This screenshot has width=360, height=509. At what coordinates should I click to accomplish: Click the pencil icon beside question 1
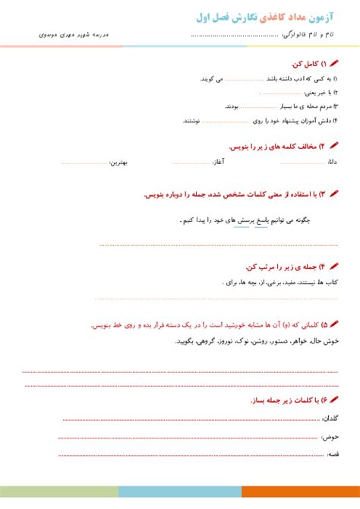335,65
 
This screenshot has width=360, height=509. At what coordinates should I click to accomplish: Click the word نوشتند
191,120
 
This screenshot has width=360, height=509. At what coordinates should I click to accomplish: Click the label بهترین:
119,162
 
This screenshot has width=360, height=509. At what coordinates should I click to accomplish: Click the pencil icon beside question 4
335,266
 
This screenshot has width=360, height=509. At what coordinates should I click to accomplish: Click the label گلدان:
331,419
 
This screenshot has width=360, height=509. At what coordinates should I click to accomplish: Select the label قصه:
333,454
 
